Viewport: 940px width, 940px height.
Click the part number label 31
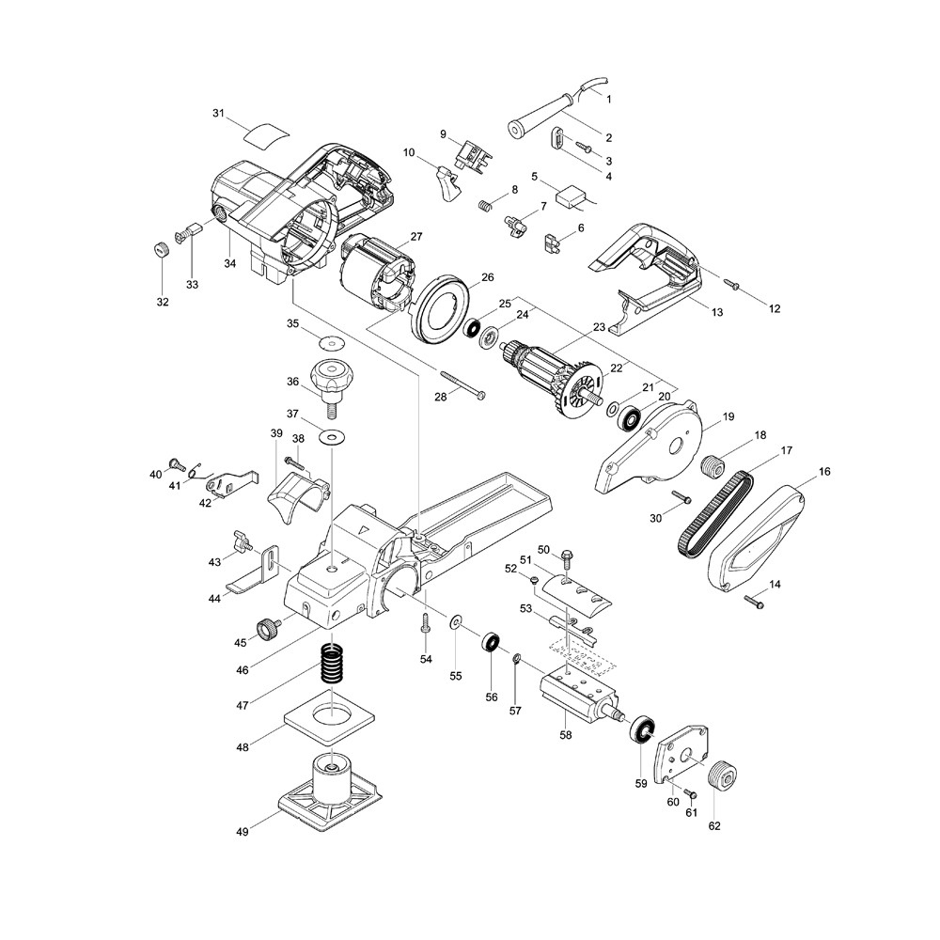click(218, 114)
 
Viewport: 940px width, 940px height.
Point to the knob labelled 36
click(332, 377)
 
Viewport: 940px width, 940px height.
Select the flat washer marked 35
click(331, 342)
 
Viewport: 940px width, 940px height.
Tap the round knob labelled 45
click(271, 627)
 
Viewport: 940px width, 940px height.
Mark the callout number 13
click(716, 312)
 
